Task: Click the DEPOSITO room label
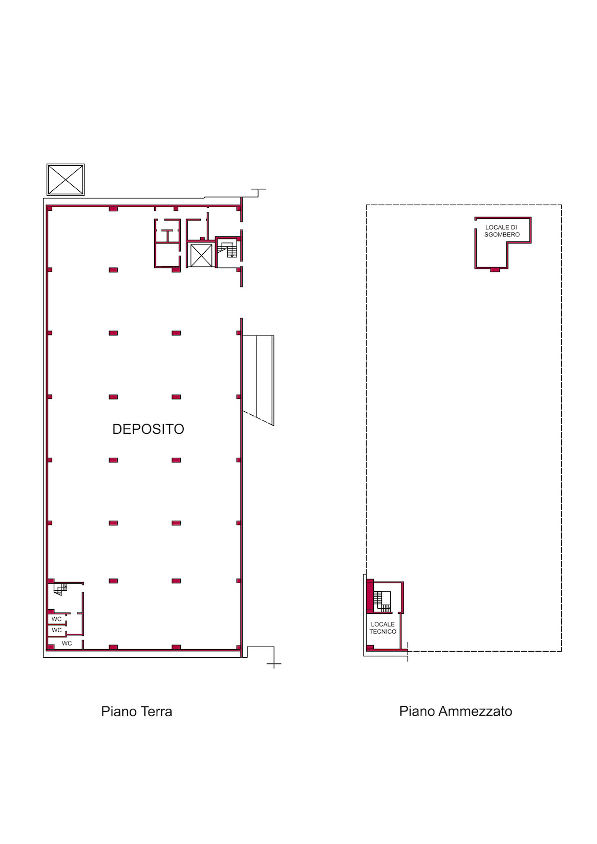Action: click(x=148, y=429)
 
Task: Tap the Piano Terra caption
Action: click(x=137, y=712)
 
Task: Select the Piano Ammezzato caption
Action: click(x=456, y=712)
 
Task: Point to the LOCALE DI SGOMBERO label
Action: click(x=502, y=231)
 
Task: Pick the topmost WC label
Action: click(x=56, y=619)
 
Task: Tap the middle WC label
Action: click(x=56, y=630)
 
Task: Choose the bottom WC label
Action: click(x=67, y=643)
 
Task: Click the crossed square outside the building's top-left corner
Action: click(x=66, y=180)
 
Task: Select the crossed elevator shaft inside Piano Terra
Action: click(x=201, y=255)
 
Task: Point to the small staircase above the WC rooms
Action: click(x=60, y=589)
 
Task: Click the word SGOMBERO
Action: click(x=502, y=234)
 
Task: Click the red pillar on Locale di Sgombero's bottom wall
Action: click(x=495, y=270)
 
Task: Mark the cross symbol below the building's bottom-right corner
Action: click(x=274, y=664)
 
